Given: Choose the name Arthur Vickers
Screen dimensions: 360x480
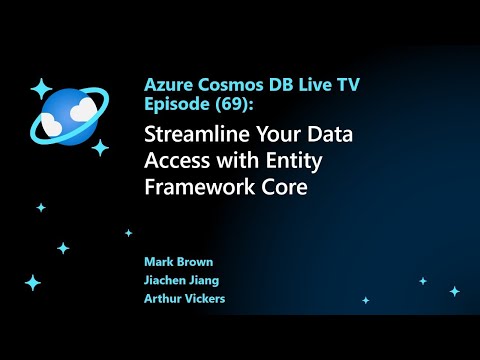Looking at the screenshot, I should point(183,299).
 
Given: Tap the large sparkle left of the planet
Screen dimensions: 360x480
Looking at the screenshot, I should point(41,88).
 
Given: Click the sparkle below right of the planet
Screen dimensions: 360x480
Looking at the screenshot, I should point(100,147).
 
